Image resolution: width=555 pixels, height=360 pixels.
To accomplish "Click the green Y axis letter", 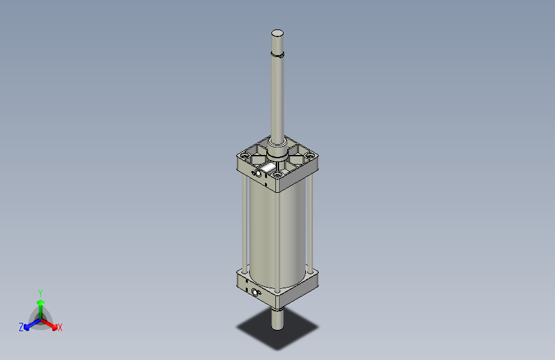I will pos(40,292).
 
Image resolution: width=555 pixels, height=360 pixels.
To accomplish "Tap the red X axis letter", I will pos(60,328).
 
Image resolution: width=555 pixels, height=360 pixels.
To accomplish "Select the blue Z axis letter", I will pos(21,327).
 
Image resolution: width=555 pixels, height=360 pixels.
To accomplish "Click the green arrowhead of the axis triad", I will pos(40,301).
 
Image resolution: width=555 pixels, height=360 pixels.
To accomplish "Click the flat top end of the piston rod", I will pos(277,33).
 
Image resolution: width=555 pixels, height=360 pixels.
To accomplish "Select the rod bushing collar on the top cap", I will pos(277,154).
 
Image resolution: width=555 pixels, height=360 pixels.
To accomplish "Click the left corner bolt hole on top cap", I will pos(245,156).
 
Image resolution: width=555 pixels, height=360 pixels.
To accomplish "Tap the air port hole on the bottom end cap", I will pos(257,293).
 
